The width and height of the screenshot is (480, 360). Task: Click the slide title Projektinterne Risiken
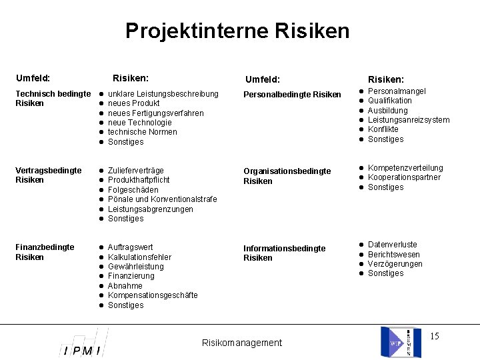tap(237, 31)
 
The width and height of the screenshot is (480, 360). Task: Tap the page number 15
tap(434, 336)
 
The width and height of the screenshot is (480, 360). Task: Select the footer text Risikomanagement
tap(241, 343)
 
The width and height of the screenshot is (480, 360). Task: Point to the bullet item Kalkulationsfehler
tap(139, 257)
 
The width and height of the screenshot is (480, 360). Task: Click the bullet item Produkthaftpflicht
tap(139, 180)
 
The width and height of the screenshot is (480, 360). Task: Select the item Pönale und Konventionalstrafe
tap(162, 199)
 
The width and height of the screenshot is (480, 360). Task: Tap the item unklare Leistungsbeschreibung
tap(163, 94)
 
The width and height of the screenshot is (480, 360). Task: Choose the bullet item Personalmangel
tap(397, 91)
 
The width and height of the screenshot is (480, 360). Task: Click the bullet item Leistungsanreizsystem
tap(409, 120)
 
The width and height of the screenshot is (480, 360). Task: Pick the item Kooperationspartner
tap(404, 177)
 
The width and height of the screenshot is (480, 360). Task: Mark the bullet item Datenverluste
tap(393, 245)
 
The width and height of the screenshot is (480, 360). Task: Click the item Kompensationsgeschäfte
tap(153, 295)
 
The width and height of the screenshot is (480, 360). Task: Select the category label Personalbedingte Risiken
tap(292, 95)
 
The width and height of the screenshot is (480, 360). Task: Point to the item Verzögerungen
tap(395, 264)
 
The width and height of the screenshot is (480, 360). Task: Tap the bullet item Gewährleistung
tap(135, 267)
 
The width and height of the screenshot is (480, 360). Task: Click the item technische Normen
tap(142, 132)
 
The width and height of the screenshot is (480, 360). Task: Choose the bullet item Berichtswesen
tap(394, 255)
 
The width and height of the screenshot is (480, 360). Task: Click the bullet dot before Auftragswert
tap(100, 247)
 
